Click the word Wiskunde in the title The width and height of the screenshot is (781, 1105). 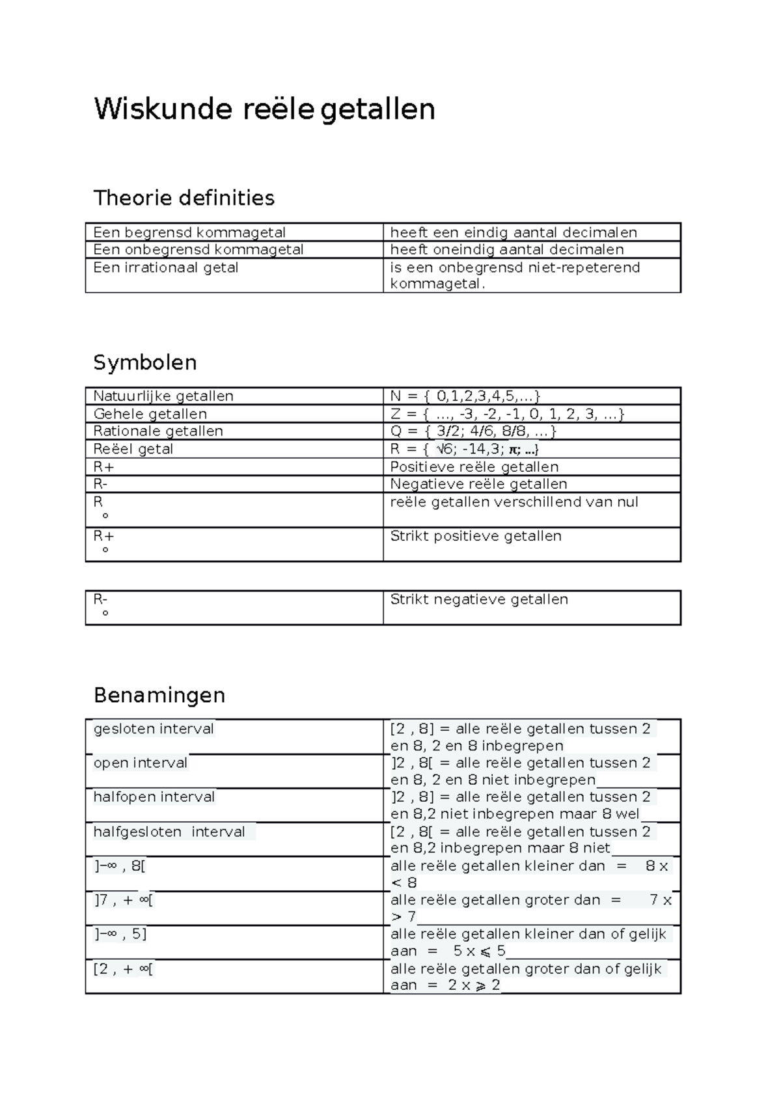click(163, 109)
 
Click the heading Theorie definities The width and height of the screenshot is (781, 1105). click(184, 198)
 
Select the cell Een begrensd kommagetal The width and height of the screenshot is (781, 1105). click(189, 232)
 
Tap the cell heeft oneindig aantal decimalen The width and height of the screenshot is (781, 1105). click(506, 250)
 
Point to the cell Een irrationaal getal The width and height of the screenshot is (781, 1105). click(166, 267)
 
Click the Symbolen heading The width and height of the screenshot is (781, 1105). click(144, 362)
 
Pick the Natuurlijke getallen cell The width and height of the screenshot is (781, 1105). click(163, 396)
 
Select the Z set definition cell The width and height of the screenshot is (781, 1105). click(507, 414)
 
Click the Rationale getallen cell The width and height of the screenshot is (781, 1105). click(158, 431)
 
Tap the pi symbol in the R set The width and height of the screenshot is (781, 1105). click(514, 450)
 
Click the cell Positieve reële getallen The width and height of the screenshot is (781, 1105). click(474, 467)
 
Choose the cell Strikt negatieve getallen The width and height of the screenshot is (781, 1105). click(478, 599)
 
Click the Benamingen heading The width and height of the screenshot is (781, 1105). click(159, 695)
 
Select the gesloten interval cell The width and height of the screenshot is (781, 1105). click(154, 729)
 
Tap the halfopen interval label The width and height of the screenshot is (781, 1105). click(154, 797)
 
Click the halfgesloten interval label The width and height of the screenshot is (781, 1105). click(169, 832)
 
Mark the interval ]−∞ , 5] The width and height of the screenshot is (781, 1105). click(120, 934)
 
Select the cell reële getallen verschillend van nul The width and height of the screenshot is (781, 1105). click(514, 502)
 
